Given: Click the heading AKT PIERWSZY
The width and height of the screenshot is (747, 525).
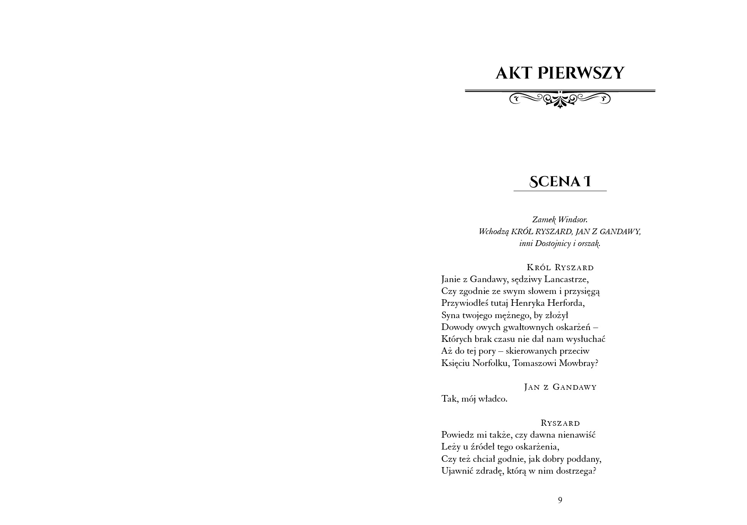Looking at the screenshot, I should coord(560,73).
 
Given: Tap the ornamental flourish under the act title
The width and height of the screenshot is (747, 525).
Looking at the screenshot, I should coord(560,98).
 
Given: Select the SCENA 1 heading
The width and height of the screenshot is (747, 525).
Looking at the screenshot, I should coord(560,182).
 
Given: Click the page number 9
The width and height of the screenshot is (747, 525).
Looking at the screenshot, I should coord(560,500).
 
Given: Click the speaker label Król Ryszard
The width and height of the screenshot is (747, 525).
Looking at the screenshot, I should coord(560,267).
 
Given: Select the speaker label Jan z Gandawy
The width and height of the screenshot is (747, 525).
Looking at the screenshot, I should coord(560,387).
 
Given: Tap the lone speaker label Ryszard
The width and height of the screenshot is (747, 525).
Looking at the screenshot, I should coord(560,423).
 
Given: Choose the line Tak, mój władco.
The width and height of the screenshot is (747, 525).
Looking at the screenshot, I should coord(474,399).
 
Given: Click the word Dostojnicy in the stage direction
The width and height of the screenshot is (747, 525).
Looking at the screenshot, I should coord(553,243).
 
